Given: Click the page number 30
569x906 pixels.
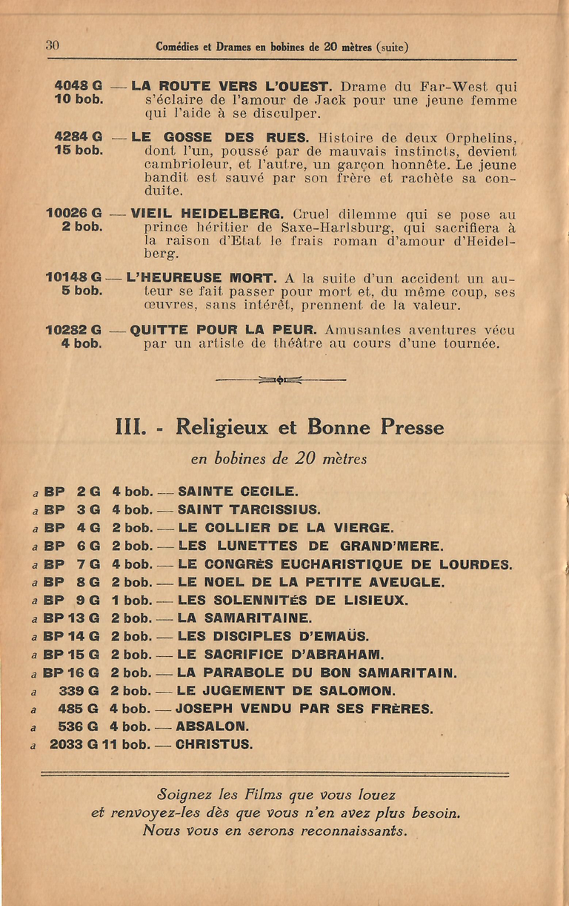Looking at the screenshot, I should tap(52, 45).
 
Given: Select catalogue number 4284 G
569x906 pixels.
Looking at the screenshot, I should tap(78, 137).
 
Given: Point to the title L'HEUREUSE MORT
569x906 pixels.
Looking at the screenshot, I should tap(201, 279).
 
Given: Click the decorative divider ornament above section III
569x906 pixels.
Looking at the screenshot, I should tap(280, 380).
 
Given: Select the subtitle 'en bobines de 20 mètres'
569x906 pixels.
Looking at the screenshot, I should tap(279, 459).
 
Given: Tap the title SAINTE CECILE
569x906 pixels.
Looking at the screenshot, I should tap(238, 491).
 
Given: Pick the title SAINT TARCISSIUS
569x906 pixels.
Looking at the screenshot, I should tap(249, 509).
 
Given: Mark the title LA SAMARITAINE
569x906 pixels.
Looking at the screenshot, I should tap(245, 618).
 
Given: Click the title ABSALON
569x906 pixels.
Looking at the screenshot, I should tap(212, 727).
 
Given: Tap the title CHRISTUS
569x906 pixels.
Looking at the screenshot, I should tap(214, 744).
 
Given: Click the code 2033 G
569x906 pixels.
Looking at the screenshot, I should tap(73, 744).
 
